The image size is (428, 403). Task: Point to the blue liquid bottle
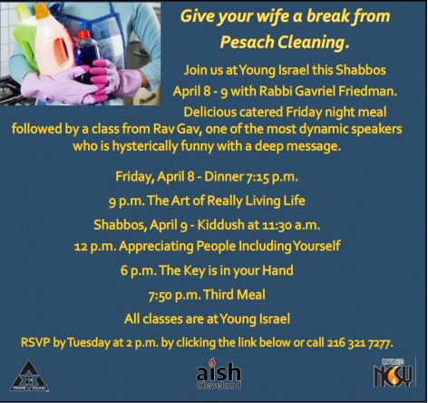88,59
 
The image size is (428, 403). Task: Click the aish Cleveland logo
219,372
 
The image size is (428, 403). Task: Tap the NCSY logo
395,372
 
